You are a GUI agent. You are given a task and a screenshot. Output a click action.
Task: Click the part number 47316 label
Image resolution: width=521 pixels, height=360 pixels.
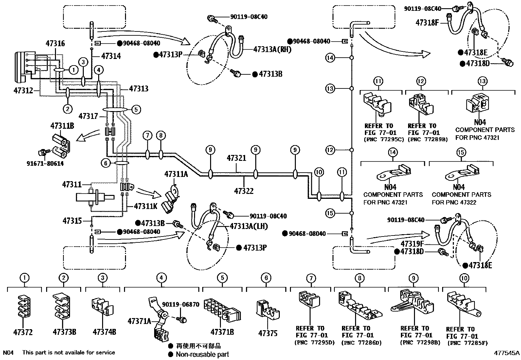(55, 43)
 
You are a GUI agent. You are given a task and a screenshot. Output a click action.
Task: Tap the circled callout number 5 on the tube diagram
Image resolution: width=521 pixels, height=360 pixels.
(136, 109)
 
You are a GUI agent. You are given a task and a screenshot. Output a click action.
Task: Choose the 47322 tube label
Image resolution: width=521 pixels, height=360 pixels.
(244, 190)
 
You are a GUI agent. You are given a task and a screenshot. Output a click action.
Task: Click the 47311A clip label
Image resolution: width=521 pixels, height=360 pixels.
(176, 174)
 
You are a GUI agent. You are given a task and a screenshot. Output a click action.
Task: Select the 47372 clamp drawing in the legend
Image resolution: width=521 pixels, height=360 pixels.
(23, 307)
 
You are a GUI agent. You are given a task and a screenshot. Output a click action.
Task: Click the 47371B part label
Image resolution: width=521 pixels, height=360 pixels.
(222, 332)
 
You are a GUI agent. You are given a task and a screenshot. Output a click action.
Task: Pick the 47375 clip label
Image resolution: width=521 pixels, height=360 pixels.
(268, 333)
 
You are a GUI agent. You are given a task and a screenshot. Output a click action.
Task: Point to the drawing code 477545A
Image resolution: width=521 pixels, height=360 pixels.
(507, 353)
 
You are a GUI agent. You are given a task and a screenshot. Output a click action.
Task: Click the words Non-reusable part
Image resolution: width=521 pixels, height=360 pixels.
(202, 354)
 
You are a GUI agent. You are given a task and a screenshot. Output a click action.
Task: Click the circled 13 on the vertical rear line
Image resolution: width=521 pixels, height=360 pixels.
(331, 88)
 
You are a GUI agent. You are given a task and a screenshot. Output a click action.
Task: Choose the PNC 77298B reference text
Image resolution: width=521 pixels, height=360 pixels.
(420, 343)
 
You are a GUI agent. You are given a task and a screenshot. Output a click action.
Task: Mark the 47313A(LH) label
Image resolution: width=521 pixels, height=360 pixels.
(249, 226)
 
